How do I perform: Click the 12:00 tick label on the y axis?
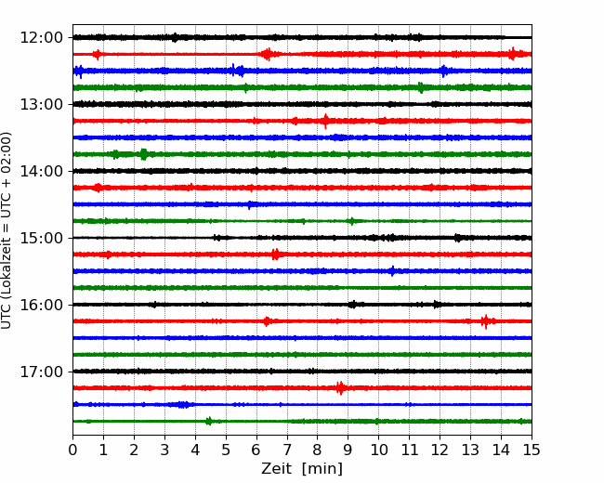click(x=41, y=38)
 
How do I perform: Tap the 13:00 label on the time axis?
click(x=41, y=104)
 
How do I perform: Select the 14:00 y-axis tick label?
click(x=41, y=172)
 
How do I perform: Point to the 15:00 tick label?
click(x=41, y=238)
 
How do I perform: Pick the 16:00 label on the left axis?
click(x=41, y=305)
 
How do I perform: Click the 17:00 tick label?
click(x=41, y=372)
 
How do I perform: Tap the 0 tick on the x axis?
click(x=72, y=450)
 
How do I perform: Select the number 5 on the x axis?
click(x=226, y=450)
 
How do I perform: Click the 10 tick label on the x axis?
click(x=378, y=450)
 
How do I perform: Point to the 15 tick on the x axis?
click(x=532, y=450)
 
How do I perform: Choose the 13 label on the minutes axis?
click(x=470, y=450)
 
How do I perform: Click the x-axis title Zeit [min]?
click(x=302, y=469)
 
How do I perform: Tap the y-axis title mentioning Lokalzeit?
click(x=7, y=230)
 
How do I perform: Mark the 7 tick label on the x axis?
click(x=287, y=450)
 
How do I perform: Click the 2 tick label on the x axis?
click(x=134, y=450)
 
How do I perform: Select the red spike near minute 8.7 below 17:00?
click(x=340, y=388)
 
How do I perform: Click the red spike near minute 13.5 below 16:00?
click(x=486, y=321)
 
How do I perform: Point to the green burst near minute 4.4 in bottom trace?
click(x=209, y=421)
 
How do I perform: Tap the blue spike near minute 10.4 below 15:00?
click(x=392, y=271)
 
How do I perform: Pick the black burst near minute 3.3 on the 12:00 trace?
click(x=175, y=37)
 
